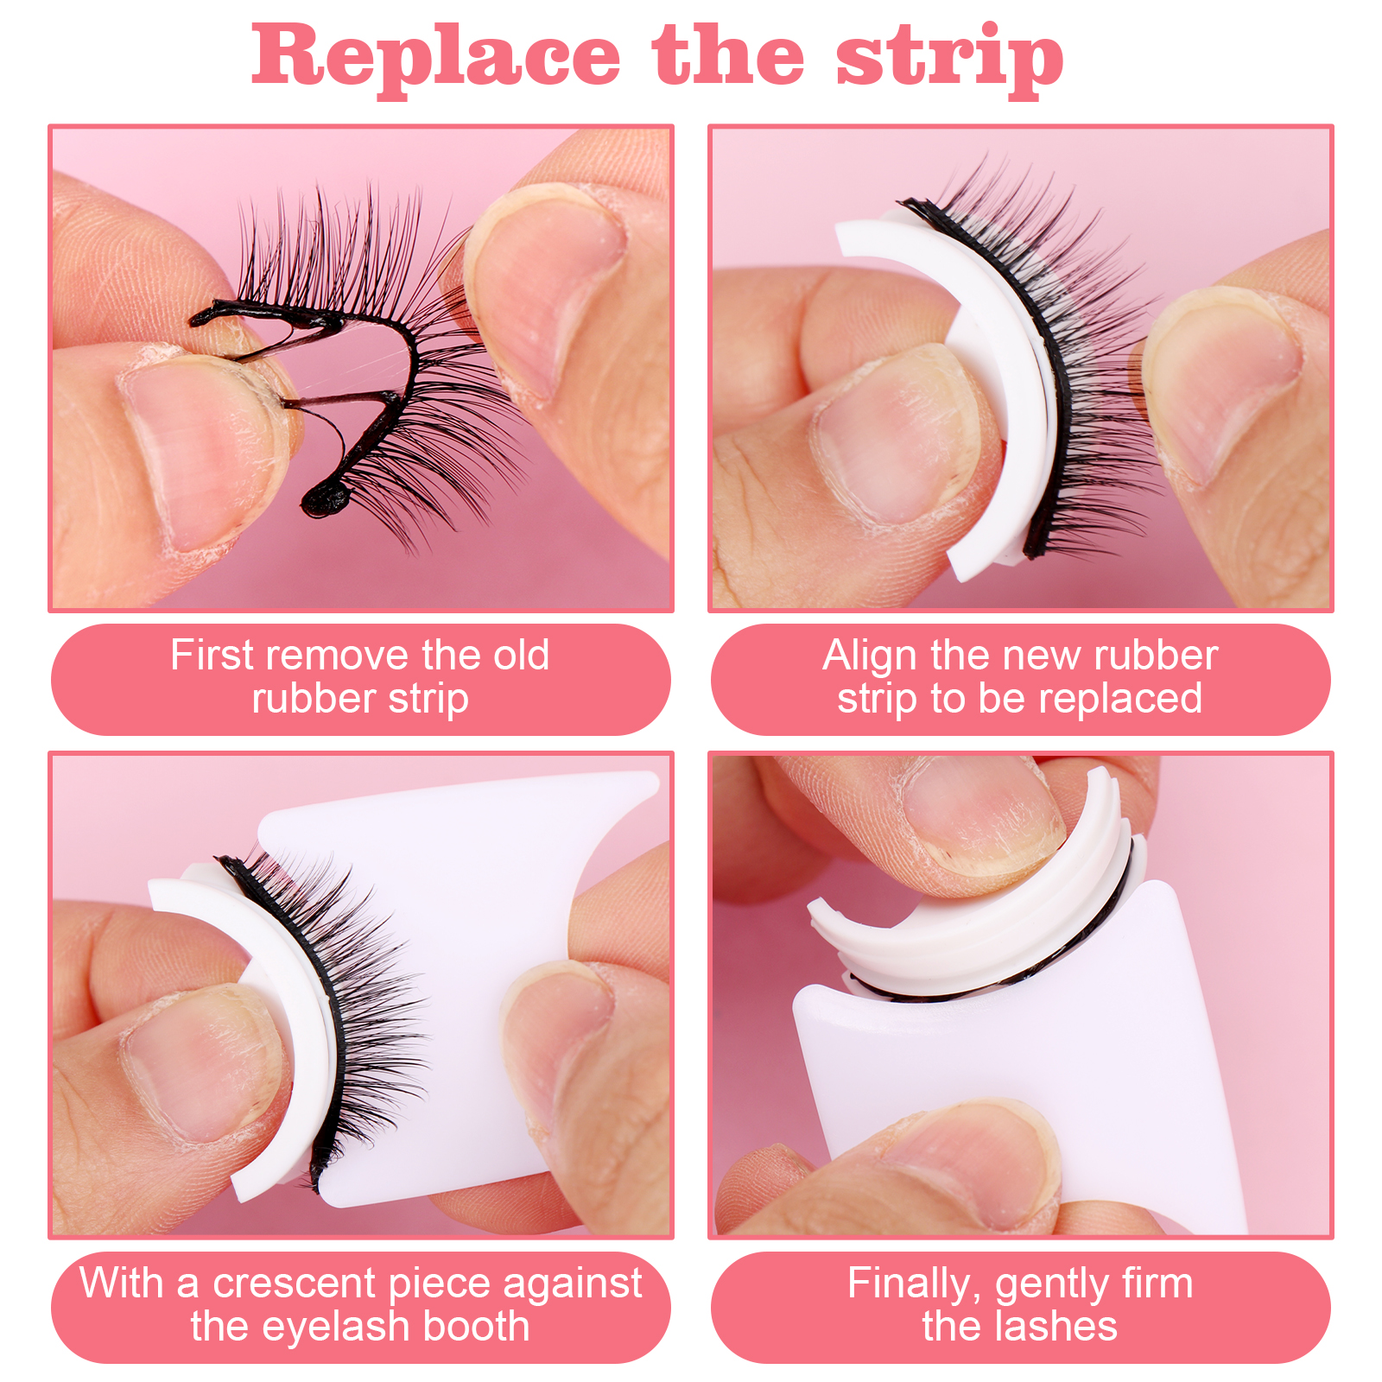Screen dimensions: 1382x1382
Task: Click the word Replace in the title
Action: click(436, 56)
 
